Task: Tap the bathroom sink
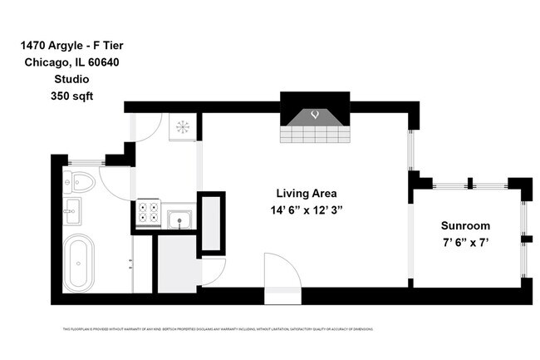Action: pos(73,208)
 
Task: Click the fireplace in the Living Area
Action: pos(314,121)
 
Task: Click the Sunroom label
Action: pos(464,225)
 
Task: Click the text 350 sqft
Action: pos(72,96)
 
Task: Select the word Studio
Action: pos(72,80)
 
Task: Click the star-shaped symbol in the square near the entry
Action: pos(182,126)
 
